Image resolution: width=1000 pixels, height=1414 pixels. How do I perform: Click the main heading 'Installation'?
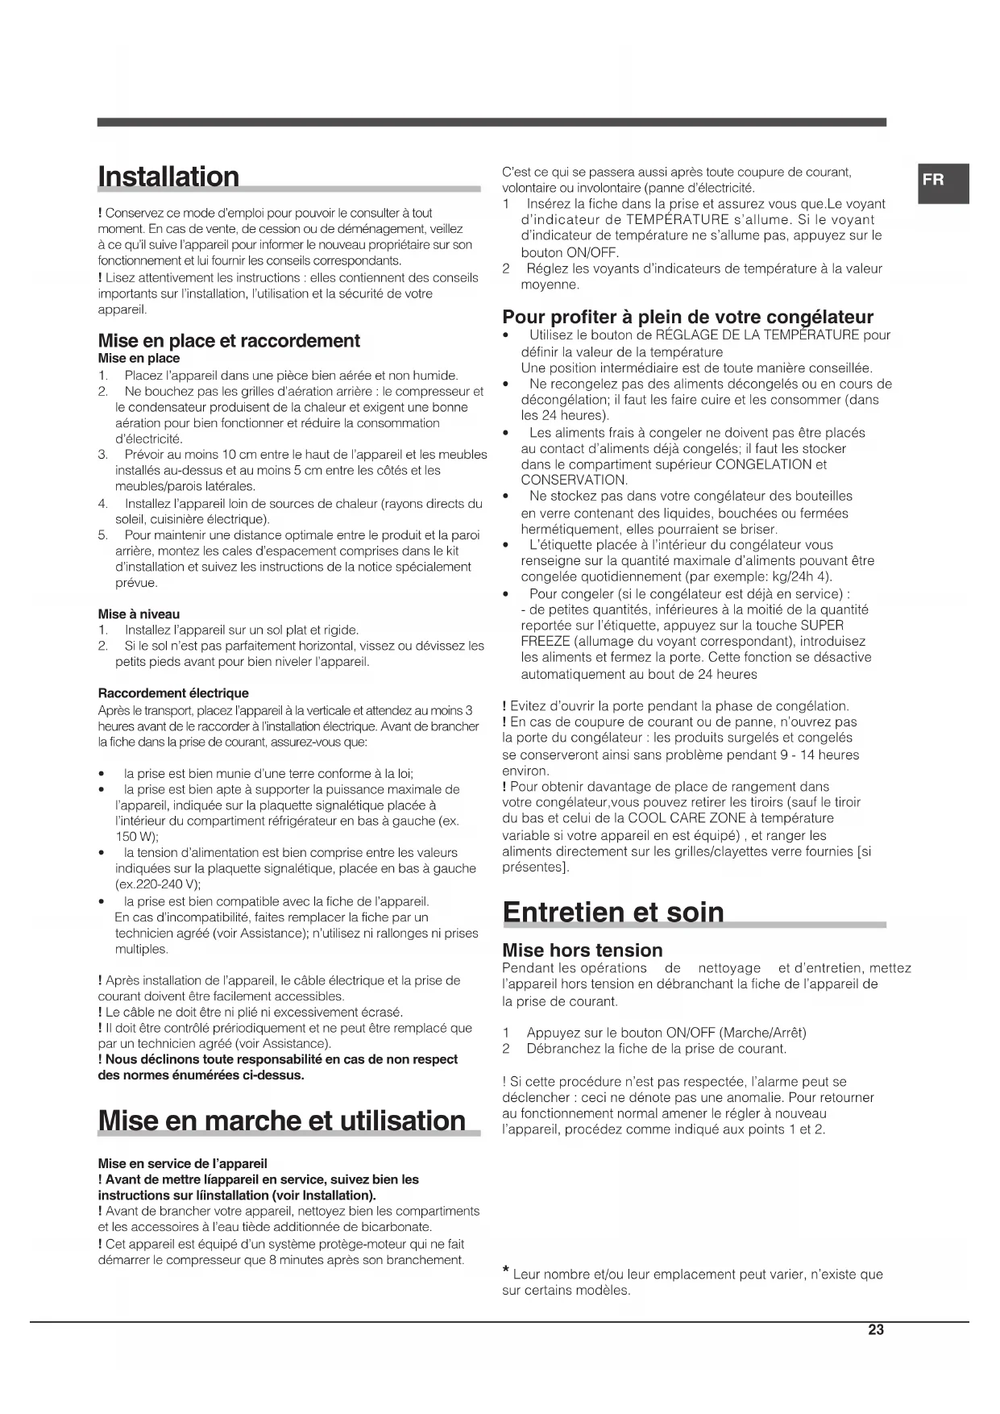pos(168,177)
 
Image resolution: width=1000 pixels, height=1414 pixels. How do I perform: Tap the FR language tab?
pos(934,181)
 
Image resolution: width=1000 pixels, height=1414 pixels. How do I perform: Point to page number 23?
pos(876,1330)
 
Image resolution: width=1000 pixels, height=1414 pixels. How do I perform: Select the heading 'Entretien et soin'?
pos(613,913)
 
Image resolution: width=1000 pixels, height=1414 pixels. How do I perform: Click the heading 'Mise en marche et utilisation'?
pos(281,1121)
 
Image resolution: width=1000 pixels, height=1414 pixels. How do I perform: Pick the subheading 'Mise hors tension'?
pos(582,950)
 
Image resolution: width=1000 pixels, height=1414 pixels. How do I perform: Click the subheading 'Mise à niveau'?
pos(139,614)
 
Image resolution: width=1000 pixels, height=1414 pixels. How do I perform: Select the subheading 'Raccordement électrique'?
pos(173,693)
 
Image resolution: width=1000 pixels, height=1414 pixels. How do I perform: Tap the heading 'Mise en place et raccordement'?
pos(229,341)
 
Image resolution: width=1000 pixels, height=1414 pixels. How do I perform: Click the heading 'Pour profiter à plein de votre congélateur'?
pos(687,317)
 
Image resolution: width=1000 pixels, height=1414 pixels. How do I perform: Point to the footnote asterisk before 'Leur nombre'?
pos(505,1272)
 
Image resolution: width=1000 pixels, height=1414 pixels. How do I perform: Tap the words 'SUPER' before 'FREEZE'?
pos(822,626)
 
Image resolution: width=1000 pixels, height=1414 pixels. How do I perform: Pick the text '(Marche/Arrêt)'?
pos(762,1033)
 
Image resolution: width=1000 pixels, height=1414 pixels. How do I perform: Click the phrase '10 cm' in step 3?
pos(239,455)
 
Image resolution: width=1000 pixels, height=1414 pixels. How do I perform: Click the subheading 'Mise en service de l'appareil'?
pos(182,1163)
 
